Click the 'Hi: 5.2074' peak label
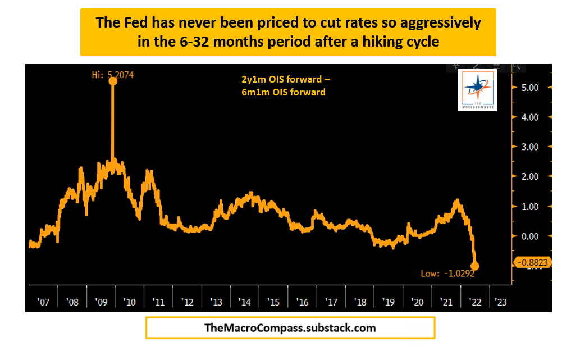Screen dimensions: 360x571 (x=114, y=74)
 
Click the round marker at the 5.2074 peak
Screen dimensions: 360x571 (x=113, y=81)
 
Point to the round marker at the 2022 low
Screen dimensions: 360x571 (x=475, y=266)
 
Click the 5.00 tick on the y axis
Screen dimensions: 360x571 (x=530, y=88)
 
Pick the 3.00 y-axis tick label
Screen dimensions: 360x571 (x=530, y=147)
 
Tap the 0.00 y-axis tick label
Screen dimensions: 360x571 (x=530, y=236)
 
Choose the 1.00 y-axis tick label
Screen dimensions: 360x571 (x=530, y=207)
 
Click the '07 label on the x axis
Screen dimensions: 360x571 (x=43, y=302)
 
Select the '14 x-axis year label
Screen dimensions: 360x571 (x=245, y=302)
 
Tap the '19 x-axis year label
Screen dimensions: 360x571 (x=389, y=302)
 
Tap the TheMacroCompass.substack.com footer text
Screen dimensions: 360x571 (x=290, y=327)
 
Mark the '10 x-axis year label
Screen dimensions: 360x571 (x=129, y=302)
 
